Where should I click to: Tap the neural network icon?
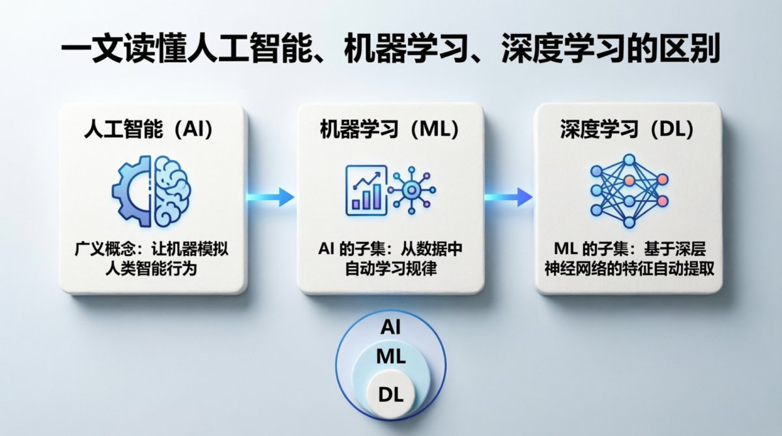pyautogui.click(x=628, y=190)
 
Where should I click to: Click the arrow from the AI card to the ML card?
pyautogui.click(x=270, y=196)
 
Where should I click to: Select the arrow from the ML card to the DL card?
pyautogui.click(x=508, y=196)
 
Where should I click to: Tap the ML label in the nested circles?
pyautogui.click(x=391, y=356)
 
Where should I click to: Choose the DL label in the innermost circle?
pyautogui.click(x=390, y=394)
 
